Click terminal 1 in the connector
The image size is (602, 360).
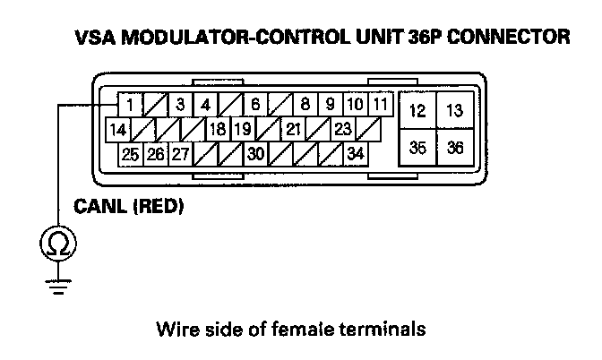pos(131,105)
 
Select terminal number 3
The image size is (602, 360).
pos(181,105)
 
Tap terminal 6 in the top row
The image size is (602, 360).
pos(255,105)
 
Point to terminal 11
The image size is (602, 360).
pos(381,104)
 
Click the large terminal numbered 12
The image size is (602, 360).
pos(417,111)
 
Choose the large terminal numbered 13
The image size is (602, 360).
pos(455,111)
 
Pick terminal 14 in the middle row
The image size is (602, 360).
pos(117,130)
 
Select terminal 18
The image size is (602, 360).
pos(218,130)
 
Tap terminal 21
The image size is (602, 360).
pos(293,130)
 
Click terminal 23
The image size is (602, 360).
pos(342,130)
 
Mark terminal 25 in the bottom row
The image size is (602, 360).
pos(131,154)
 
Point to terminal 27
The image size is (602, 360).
pos(181,154)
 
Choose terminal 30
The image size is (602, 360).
pos(255,154)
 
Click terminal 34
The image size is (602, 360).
pos(356,154)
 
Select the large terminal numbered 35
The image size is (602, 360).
pos(417,148)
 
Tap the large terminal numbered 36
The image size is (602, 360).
pos(455,148)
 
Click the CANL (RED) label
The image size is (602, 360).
pos(128,208)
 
